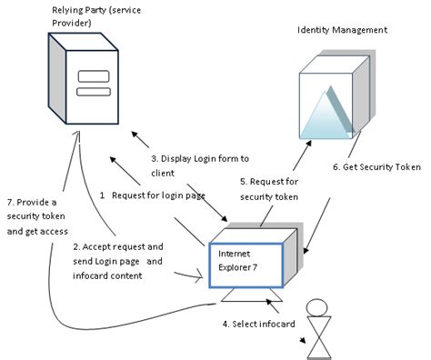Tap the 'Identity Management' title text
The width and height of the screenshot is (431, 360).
click(342, 30)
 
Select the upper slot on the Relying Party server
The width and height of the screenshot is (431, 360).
click(89, 75)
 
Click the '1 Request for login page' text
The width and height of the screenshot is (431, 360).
click(152, 195)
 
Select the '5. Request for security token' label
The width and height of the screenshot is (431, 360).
click(268, 188)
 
